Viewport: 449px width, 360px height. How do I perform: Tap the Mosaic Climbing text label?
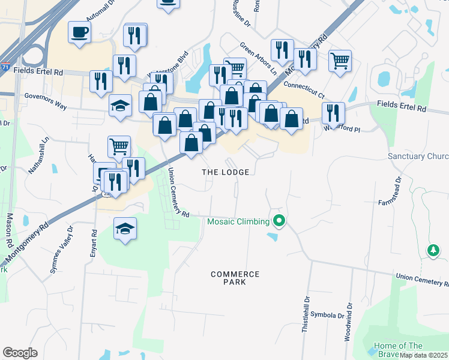pos(238,221)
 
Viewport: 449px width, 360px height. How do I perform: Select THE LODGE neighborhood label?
pos(225,172)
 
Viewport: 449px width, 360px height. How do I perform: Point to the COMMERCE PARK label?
pos(235,278)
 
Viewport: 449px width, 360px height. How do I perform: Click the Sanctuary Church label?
pos(418,157)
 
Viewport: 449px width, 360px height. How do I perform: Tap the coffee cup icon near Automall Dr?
pos(79,32)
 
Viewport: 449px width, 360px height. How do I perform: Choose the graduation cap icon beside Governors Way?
pos(121,106)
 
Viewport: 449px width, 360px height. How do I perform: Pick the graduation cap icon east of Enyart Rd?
pos(125,229)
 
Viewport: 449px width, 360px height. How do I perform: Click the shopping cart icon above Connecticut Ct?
pos(340,60)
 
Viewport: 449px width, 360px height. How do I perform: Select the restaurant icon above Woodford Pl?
pos(333,113)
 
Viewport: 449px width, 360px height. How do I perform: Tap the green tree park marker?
pos(433,250)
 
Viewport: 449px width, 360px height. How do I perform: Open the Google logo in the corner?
pos(20,353)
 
